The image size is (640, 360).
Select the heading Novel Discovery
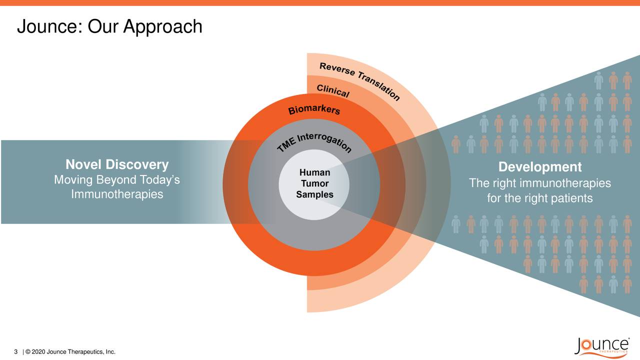[x=117, y=165]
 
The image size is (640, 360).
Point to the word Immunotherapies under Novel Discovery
[x=117, y=194]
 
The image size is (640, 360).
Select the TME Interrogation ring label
[x=314, y=143]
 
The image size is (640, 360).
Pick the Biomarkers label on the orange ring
[x=314, y=109]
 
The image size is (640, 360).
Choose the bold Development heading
[x=540, y=167]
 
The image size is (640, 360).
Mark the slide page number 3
[x=16, y=352]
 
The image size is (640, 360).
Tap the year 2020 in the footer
[x=38, y=352]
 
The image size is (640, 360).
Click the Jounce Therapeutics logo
[x=602, y=346]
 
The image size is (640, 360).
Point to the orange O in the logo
[x=589, y=345]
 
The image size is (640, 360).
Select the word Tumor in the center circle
[x=314, y=183]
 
